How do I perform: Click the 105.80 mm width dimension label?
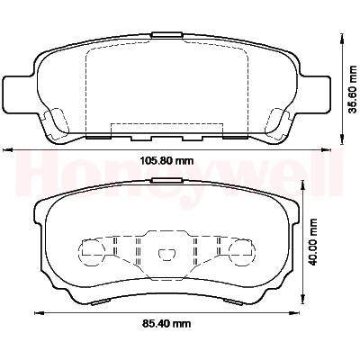pyautogui.click(x=167, y=161)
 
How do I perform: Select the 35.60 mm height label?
pyautogui.click(x=353, y=89)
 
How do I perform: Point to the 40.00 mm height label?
pyautogui.click(x=313, y=242)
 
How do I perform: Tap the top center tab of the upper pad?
pyautogui.click(x=167, y=35)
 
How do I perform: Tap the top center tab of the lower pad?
pyautogui.click(x=167, y=180)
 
